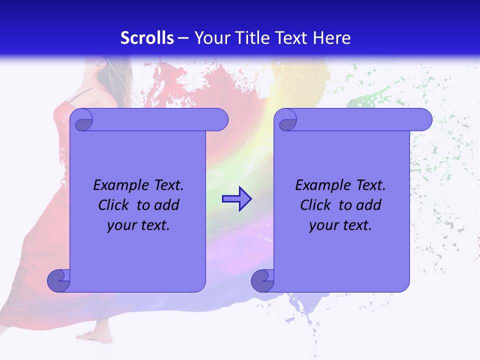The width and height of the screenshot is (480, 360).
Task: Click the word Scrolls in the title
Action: pos(147,38)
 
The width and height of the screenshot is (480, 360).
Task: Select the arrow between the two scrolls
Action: pos(236,199)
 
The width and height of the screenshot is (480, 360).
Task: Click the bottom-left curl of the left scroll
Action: pos(59,280)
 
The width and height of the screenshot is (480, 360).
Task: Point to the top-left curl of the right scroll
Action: pos(286,120)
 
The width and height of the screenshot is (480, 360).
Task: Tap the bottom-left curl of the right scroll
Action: pos(263,280)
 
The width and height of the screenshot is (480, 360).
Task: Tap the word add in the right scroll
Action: pos(369,205)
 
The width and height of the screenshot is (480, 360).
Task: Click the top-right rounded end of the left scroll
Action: pos(219,120)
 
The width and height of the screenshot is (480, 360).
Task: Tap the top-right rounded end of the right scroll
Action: pos(423,120)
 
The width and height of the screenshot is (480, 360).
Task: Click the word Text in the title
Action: pos(292,38)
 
